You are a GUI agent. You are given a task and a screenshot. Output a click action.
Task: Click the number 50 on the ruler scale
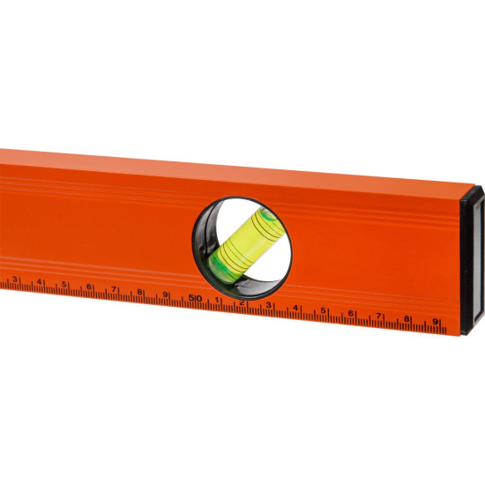click(195, 298)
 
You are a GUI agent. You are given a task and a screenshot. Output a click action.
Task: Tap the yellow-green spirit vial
click(246, 246)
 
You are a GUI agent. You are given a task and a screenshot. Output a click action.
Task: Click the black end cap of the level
click(473, 260)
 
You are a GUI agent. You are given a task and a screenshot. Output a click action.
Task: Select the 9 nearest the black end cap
click(435, 322)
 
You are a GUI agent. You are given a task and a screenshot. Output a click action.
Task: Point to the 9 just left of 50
click(165, 295)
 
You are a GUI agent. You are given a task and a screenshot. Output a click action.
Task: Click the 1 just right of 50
click(217, 300)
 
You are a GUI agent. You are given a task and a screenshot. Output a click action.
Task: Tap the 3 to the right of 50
click(268, 305)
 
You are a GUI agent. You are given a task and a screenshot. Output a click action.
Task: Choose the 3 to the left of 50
click(14, 280)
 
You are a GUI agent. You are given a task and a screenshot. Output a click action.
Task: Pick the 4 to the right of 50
click(295, 308)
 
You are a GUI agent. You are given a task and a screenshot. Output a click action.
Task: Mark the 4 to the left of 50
click(39, 282)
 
